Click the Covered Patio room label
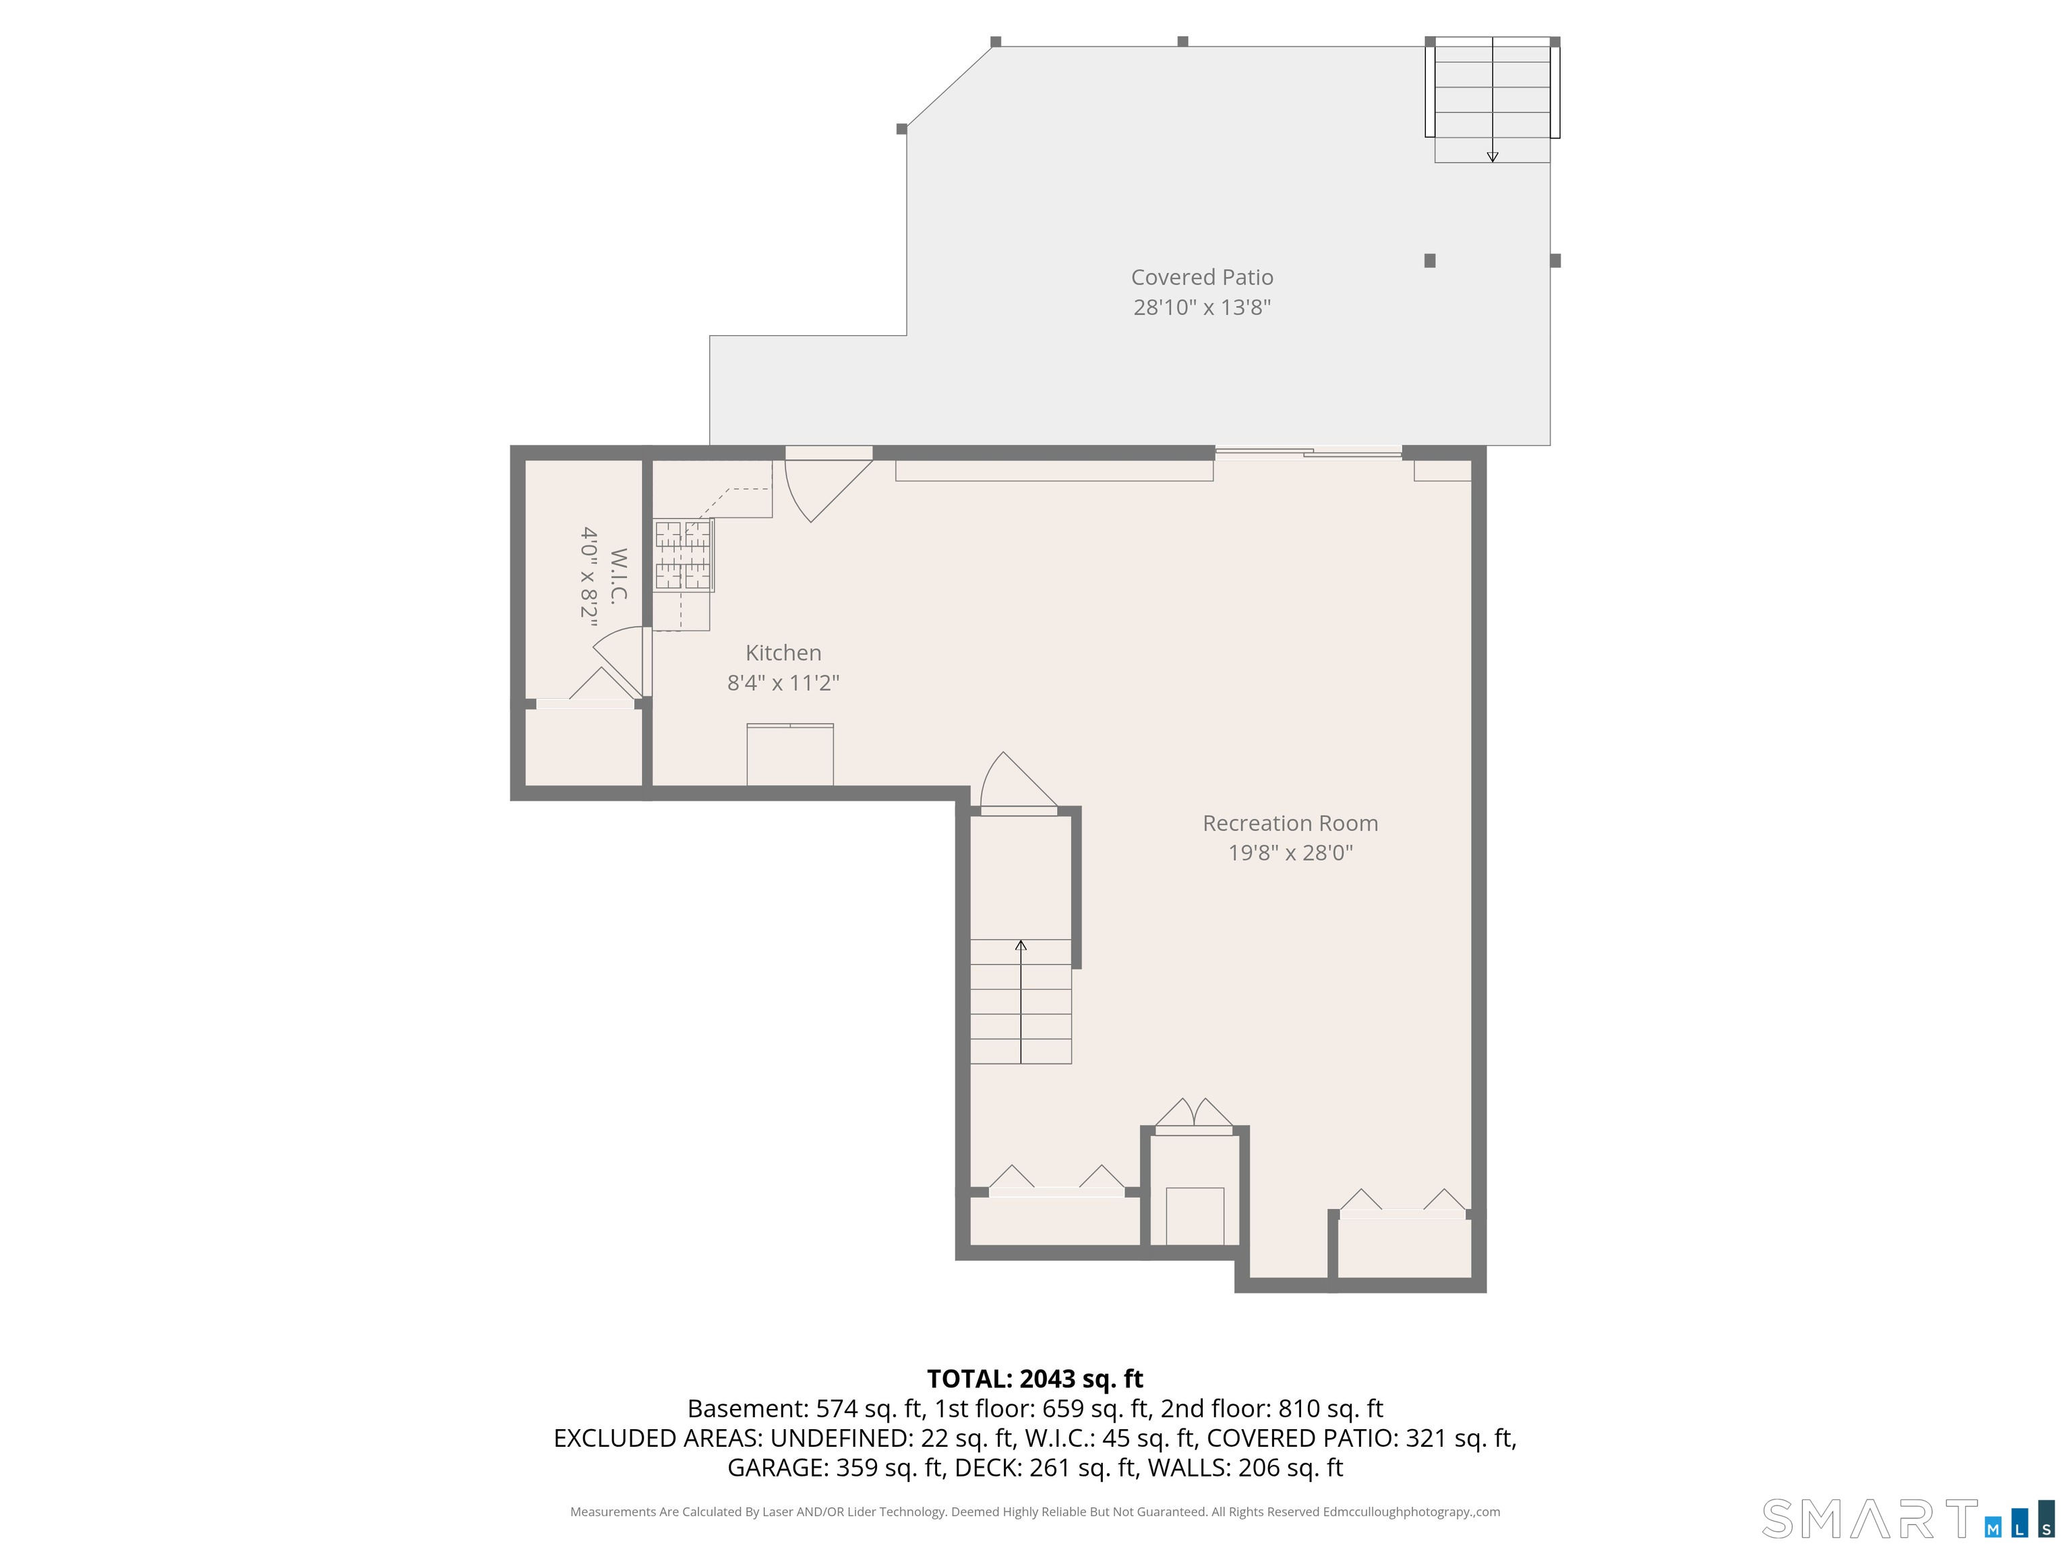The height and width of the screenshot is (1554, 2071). pyautogui.click(x=1202, y=277)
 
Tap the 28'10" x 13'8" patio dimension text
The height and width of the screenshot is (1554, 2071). pyautogui.click(x=1202, y=308)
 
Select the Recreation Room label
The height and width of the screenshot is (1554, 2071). pyautogui.click(x=1290, y=824)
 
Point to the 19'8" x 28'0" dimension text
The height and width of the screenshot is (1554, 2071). pyautogui.click(x=1290, y=853)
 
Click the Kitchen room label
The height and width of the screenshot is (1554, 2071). pyautogui.click(x=783, y=653)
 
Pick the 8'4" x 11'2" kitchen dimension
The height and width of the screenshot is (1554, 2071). pyautogui.click(x=783, y=683)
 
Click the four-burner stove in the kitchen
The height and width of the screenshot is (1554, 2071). pyautogui.click(x=684, y=556)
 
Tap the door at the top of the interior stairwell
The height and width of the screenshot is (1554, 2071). pyautogui.click(x=1019, y=783)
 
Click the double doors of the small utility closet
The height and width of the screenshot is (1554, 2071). pyautogui.click(x=1194, y=1115)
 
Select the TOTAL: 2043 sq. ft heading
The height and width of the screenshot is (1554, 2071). pyautogui.click(x=1035, y=1379)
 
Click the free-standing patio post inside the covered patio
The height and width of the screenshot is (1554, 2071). pyautogui.click(x=1430, y=260)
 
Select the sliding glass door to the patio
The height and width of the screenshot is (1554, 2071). pyautogui.click(x=1308, y=453)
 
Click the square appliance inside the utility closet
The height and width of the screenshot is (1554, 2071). pyautogui.click(x=1195, y=1216)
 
